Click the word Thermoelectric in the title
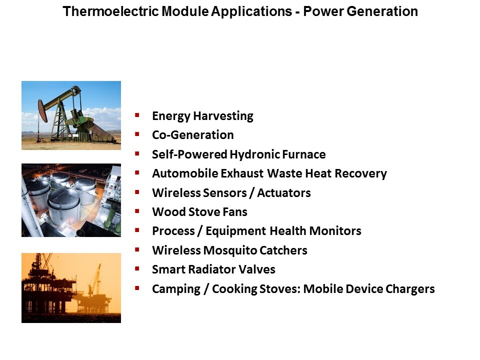click(111, 11)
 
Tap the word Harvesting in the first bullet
click(223, 116)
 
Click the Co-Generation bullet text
click(193, 135)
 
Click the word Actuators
click(284, 193)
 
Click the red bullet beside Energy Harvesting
click(137, 115)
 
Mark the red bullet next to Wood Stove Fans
click(137, 211)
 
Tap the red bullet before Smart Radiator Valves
click(137, 269)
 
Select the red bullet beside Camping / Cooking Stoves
click(137, 288)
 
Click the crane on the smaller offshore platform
click(95, 279)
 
